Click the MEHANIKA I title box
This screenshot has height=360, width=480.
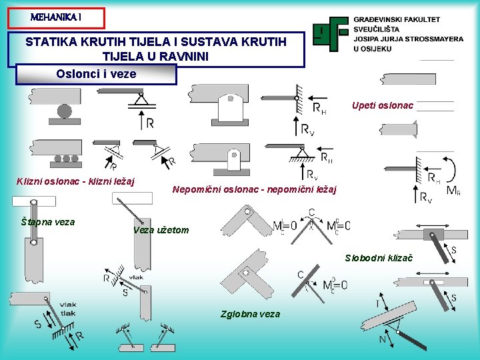coord(57,17)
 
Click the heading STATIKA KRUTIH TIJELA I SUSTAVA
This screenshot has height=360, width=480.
coord(156,42)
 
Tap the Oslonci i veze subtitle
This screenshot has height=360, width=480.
coord(97,74)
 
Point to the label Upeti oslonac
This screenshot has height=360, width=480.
coord(383,105)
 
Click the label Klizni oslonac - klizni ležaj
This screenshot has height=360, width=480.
coord(75,181)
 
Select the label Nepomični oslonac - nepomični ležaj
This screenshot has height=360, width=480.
coord(255,190)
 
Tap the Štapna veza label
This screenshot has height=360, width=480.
coord(47,222)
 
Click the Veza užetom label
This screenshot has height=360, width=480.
coord(161,231)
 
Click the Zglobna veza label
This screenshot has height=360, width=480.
coord(250,314)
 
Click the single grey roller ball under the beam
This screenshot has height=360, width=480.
coord(64,111)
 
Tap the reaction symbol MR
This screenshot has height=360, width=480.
coord(453,191)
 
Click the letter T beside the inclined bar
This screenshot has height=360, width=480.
coord(378,302)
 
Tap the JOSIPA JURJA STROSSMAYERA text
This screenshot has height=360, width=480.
coord(408,39)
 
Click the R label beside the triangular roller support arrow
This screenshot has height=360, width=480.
coord(150,123)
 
